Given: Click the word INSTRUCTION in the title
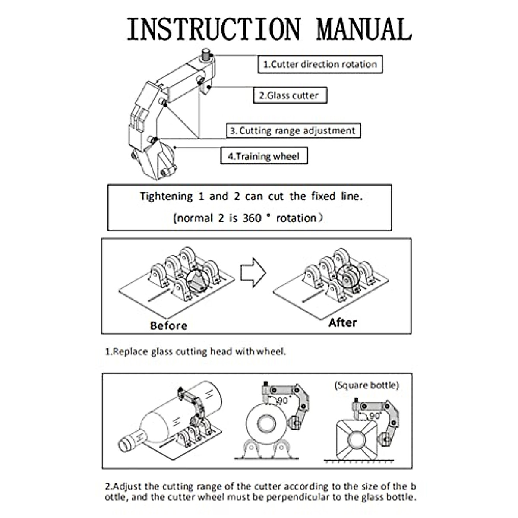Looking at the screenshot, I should click(x=214, y=29).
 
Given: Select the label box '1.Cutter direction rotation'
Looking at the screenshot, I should click(x=320, y=64).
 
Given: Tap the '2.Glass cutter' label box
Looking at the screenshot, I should click(x=290, y=95).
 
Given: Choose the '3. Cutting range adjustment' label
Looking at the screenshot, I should click(x=294, y=130).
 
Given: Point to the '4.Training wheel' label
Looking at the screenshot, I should click(x=264, y=156).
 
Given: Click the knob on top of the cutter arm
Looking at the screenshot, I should click(x=206, y=54).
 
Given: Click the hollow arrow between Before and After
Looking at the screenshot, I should click(x=253, y=272).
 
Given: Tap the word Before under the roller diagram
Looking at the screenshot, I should click(x=168, y=325).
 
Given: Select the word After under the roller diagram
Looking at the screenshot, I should click(x=342, y=323).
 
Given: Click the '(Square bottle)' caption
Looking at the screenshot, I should click(x=366, y=385).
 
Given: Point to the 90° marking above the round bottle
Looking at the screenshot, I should click(x=283, y=400).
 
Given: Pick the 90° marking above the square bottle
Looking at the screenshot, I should click(x=374, y=415).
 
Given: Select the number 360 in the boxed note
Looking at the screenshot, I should click(x=252, y=218).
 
